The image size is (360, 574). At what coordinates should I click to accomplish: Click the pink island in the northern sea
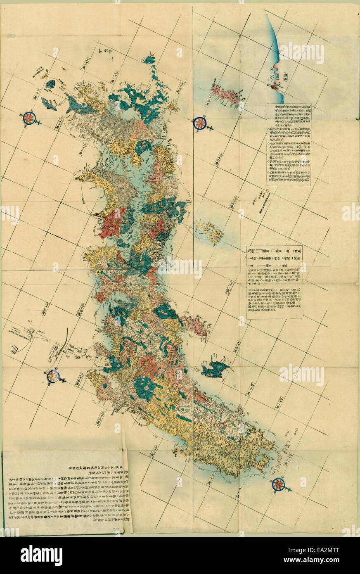[226, 94]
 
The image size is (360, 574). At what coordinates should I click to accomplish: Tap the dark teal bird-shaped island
[215, 368]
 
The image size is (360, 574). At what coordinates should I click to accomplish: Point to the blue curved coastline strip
[275, 58]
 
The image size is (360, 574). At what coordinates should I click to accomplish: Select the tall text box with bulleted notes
[289, 145]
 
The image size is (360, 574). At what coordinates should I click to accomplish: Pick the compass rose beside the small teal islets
[29, 118]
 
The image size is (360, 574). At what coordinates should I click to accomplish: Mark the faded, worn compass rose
[53, 376]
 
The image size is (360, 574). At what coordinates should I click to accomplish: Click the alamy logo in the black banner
[41, 555]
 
